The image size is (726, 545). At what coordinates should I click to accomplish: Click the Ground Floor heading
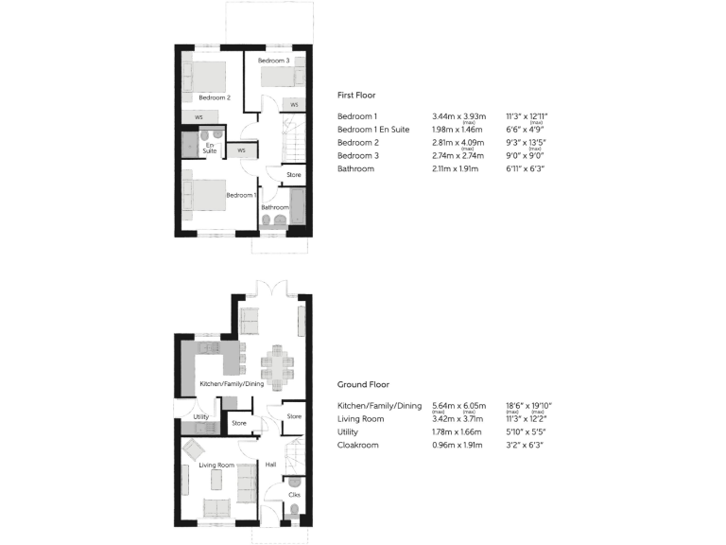tap(363, 385)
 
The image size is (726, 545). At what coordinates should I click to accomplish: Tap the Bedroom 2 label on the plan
tap(214, 97)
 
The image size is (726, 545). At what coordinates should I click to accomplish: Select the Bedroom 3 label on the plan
tap(274, 61)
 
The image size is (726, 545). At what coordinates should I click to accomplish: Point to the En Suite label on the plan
tap(210, 148)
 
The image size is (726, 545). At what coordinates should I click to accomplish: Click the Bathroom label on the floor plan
tap(275, 207)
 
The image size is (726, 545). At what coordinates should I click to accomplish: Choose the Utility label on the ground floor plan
tap(200, 416)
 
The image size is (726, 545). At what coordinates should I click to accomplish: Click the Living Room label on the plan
tap(216, 466)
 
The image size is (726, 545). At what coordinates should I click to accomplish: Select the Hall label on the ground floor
tap(270, 465)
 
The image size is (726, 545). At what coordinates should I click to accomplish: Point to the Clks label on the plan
tap(294, 495)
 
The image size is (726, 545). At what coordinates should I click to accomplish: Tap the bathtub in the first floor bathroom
tap(299, 209)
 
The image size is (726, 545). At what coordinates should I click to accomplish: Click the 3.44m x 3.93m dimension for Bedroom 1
tap(457, 116)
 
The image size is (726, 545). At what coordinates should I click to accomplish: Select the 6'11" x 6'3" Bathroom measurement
tap(526, 169)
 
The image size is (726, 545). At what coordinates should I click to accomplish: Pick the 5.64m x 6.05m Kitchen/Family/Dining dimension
tap(458, 405)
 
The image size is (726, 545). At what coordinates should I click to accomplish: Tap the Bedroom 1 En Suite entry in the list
tap(372, 130)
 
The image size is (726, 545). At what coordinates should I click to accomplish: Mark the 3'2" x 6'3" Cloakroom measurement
tap(526, 445)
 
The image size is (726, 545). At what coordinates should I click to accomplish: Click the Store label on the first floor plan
tap(294, 175)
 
